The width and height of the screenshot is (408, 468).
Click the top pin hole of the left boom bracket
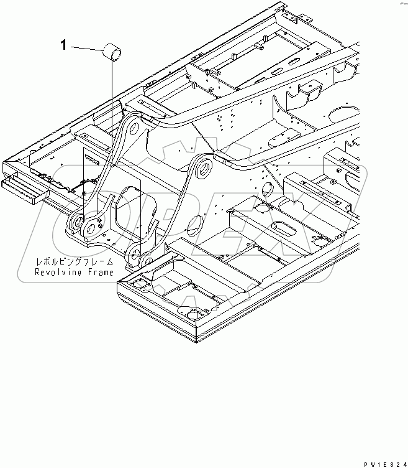tap(132, 128)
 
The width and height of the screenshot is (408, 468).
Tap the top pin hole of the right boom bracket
tap(201, 167)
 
